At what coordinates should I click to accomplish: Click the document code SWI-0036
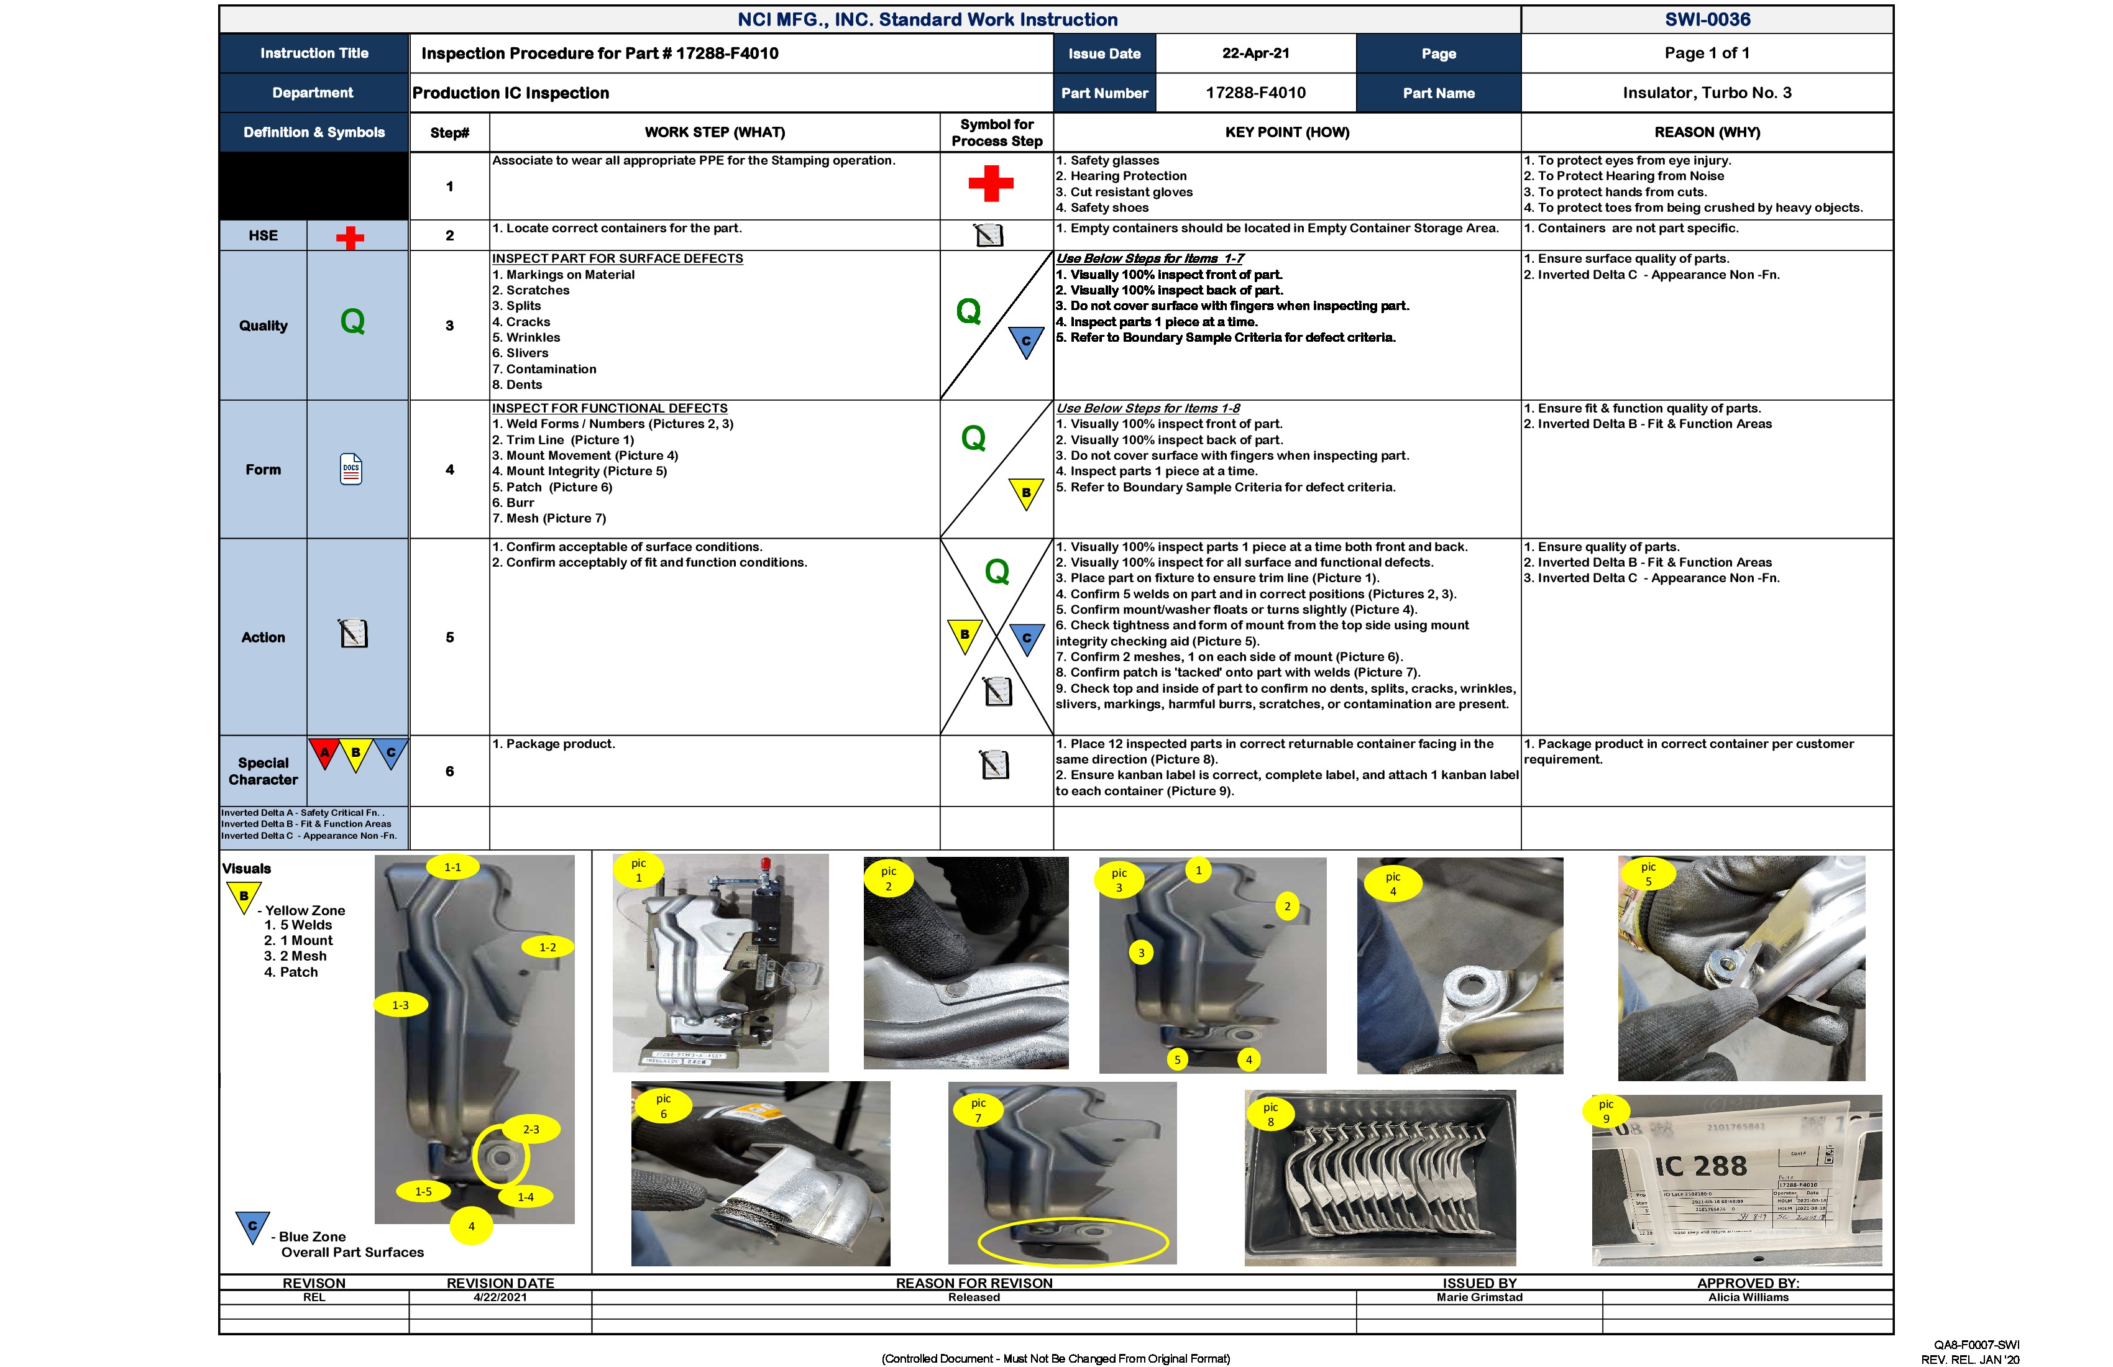point(1707,19)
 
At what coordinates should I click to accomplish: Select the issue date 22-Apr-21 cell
point(1255,53)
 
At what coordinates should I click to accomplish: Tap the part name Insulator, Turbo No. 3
point(1707,93)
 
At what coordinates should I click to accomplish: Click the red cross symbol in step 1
point(991,184)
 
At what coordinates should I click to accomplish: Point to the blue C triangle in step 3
point(1026,341)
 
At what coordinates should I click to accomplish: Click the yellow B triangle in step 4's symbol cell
point(1026,493)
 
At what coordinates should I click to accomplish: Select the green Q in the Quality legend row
point(352,321)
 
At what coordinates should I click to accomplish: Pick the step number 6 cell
point(449,771)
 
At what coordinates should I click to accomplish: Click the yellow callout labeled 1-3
point(400,1005)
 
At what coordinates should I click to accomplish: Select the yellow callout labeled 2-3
point(531,1129)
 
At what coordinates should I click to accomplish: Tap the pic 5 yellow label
point(1648,874)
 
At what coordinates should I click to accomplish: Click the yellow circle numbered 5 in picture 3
point(1177,1059)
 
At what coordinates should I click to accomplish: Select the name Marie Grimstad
point(1479,1297)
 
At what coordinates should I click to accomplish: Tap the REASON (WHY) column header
point(1707,132)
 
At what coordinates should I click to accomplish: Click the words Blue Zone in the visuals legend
point(313,1237)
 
